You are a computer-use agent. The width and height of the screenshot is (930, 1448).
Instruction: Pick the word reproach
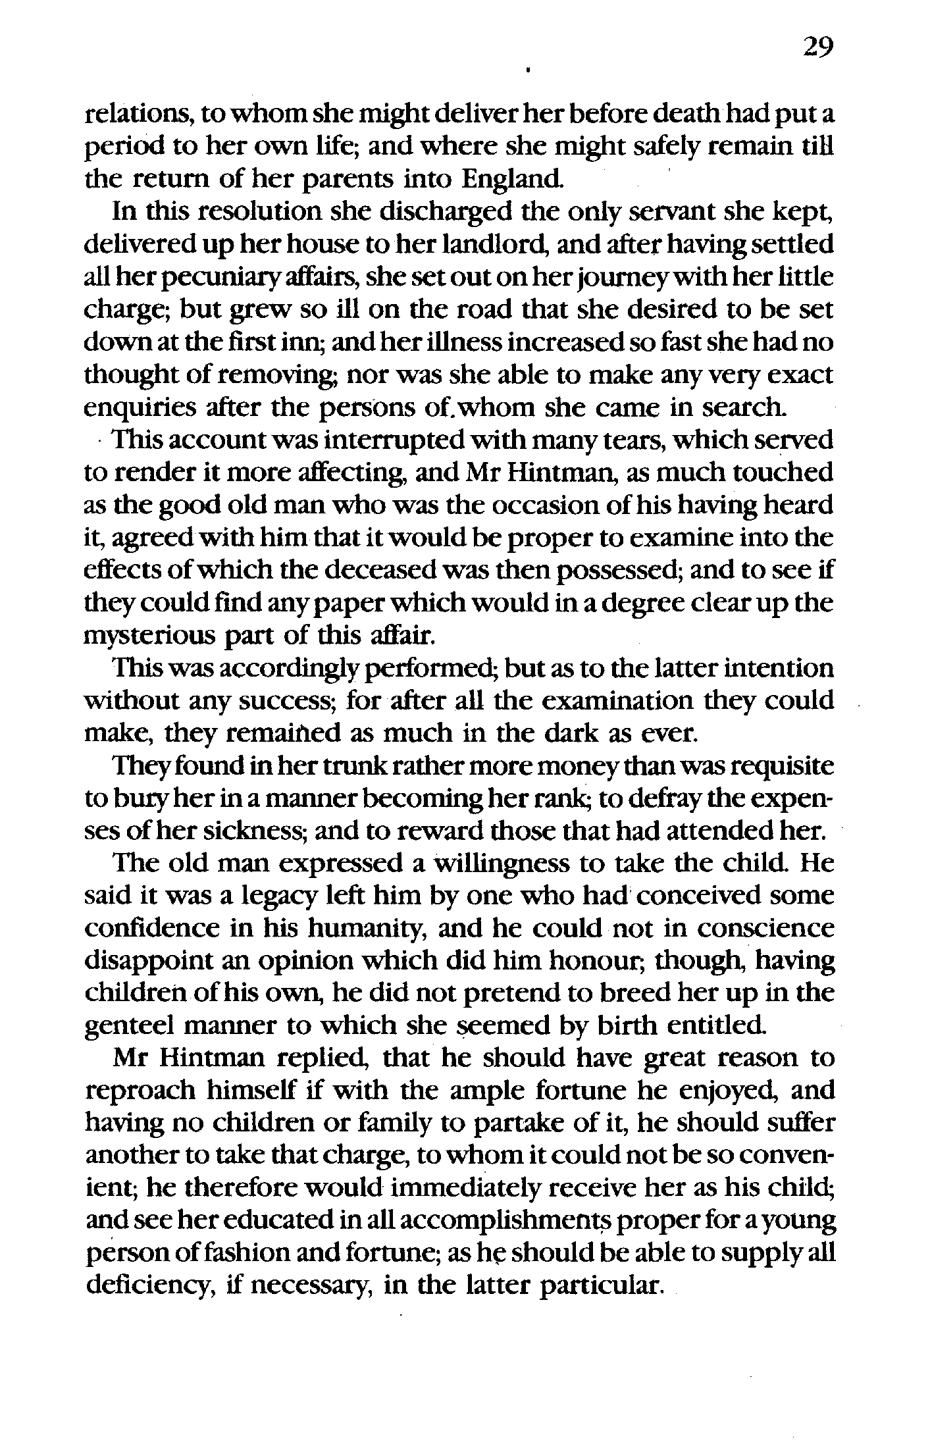(x=141, y=1092)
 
